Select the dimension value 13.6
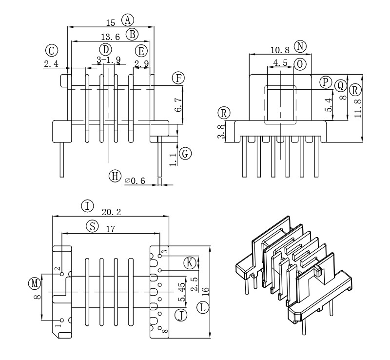[110, 37]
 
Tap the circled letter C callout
[51, 50]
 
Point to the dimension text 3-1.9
[109, 60]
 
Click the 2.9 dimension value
[141, 64]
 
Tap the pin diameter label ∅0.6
[136, 180]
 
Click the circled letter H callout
[115, 176]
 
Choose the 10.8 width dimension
[280, 50]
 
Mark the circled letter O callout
[300, 63]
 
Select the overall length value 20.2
[111, 212]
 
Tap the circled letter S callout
[92, 226]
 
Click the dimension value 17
[111, 229]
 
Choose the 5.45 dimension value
[181, 292]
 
